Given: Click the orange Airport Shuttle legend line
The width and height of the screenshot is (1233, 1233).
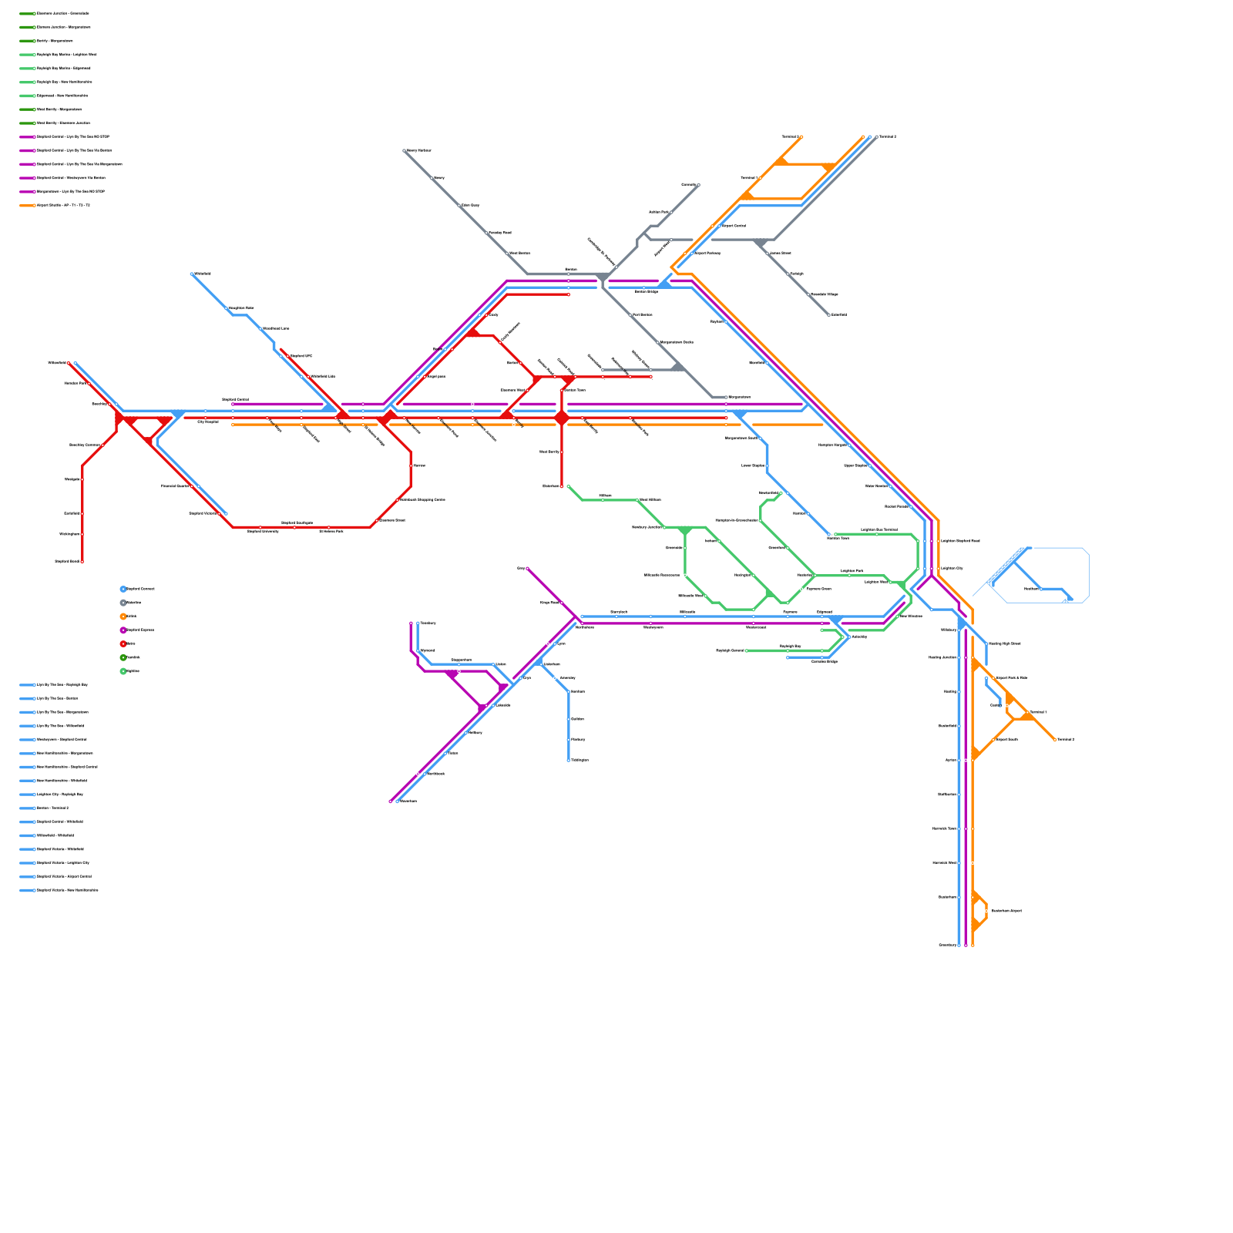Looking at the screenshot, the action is pyautogui.click(x=27, y=205).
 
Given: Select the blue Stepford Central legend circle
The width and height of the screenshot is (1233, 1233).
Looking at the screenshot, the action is pyautogui.click(x=123, y=589).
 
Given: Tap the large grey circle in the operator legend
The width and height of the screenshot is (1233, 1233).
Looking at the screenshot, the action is pyautogui.click(x=123, y=603).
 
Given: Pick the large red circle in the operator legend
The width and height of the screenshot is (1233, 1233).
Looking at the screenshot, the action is pyautogui.click(x=123, y=643).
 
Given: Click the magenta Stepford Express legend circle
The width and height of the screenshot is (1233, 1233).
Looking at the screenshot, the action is pyautogui.click(x=123, y=630).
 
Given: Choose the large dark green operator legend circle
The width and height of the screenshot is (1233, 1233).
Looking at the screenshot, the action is pyautogui.click(x=123, y=657).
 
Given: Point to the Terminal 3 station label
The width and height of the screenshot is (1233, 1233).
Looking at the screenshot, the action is pyautogui.click(x=887, y=136).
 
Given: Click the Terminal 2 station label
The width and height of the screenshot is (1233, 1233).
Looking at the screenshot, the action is pyautogui.click(x=790, y=136).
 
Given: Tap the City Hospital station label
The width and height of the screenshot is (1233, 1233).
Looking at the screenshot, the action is pyautogui.click(x=208, y=422).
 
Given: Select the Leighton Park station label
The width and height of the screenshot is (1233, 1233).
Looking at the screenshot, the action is pyautogui.click(x=852, y=571).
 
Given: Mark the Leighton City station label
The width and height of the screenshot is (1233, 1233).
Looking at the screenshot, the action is pyautogui.click(x=952, y=568).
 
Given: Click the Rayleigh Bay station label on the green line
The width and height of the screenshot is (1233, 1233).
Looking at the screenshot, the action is pyautogui.click(x=790, y=646).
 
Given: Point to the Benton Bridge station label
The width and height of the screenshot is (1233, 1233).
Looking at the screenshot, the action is pyautogui.click(x=646, y=291).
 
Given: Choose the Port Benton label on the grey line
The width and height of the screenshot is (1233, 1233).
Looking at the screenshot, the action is pyautogui.click(x=642, y=314).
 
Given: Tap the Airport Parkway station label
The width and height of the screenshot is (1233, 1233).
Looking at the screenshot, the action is pyautogui.click(x=707, y=253).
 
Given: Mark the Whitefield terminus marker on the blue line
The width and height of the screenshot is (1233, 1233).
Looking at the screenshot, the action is pyautogui.click(x=192, y=274).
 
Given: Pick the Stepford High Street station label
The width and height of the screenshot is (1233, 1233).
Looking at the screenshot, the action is pyautogui.click(x=1004, y=643).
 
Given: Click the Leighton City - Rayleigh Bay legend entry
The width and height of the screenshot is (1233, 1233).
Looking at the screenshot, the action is pyautogui.click(x=60, y=794).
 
